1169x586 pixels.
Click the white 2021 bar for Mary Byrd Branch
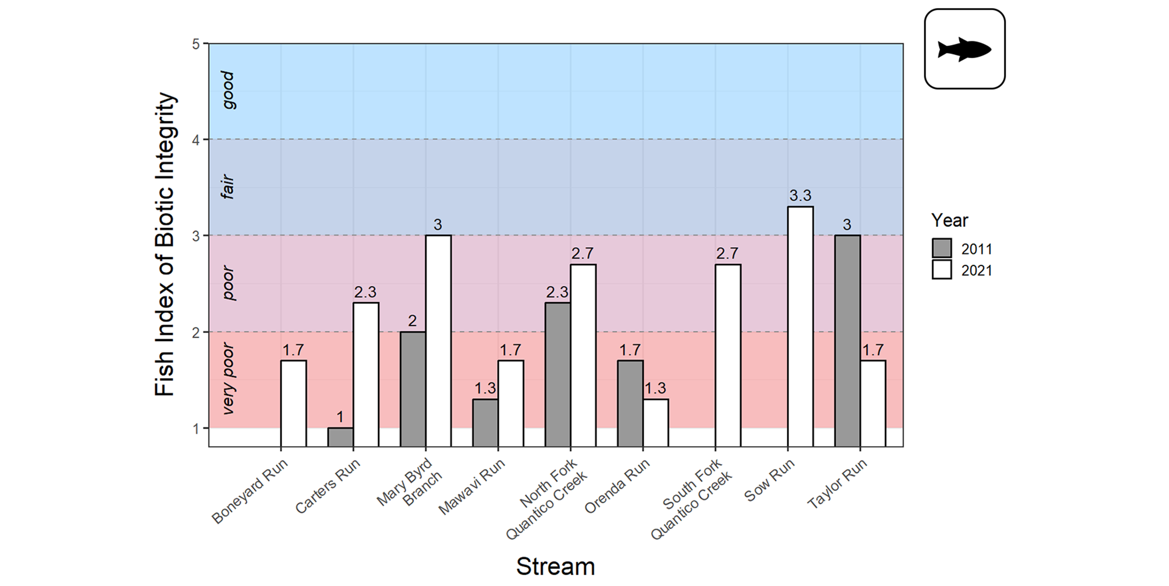click(x=438, y=340)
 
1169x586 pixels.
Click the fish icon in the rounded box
click(x=964, y=49)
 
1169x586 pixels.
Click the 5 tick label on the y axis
click(x=196, y=44)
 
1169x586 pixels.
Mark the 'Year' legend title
click(x=949, y=221)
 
